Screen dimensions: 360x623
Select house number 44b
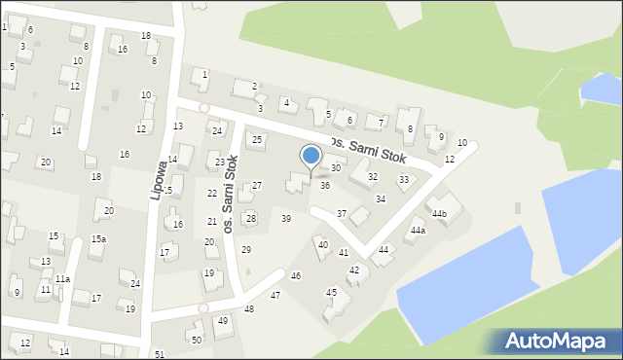click(x=440, y=213)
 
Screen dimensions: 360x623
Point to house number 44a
click(x=418, y=231)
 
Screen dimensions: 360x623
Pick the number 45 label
click(x=331, y=292)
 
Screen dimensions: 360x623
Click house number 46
click(x=296, y=276)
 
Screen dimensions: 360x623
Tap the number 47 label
click(x=275, y=295)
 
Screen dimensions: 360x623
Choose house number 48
click(x=249, y=309)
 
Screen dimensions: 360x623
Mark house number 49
click(x=223, y=321)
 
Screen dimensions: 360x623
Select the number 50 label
click(x=197, y=340)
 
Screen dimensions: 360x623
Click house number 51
click(x=160, y=354)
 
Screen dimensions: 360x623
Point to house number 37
click(x=341, y=213)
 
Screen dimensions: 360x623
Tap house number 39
click(x=286, y=219)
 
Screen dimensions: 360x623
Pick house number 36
click(x=325, y=185)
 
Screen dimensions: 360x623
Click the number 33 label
click(x=404, y=179)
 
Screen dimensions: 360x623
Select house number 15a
click(x=99, y=238)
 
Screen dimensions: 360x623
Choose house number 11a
click(x=62, y=279)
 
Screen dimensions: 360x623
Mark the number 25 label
click(x=257, y=140)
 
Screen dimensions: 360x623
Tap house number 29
click(x=246, y=250)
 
